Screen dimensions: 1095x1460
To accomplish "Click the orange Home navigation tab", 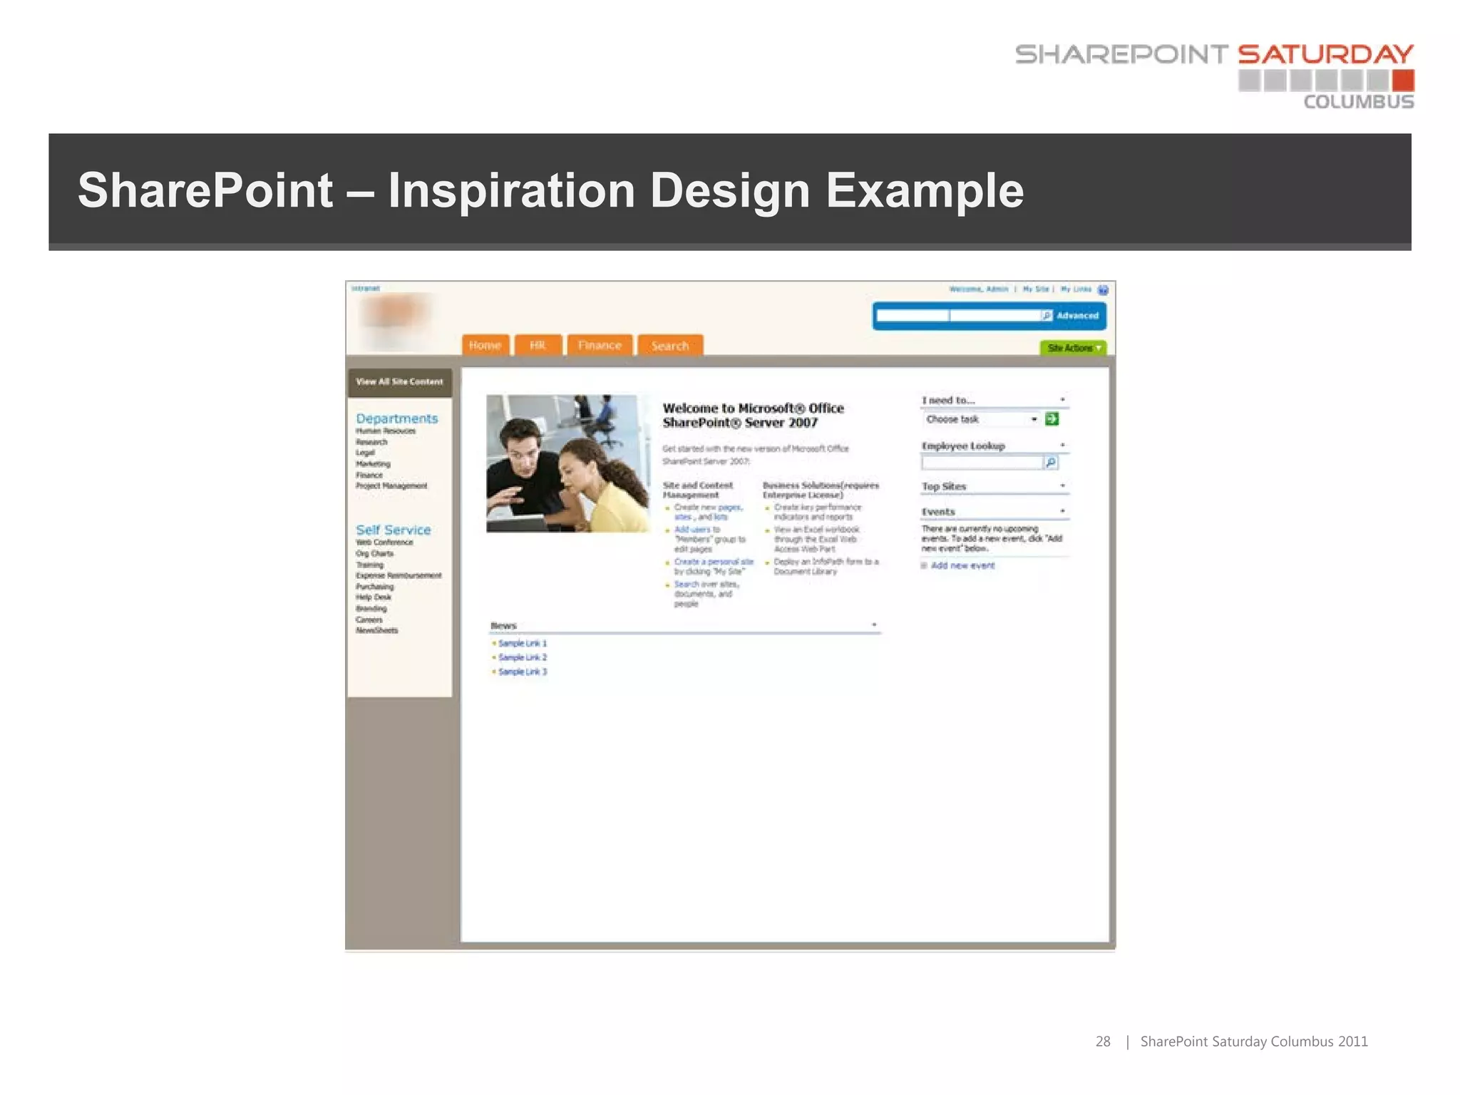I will pyautogui.click(x=485, y=345).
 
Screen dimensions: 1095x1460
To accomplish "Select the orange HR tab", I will pyautogui.click(x=538, y=345).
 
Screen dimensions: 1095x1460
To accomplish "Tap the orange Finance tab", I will pyautogui.click(x=600, y=345).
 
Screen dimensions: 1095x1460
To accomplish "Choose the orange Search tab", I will pyautogui.click(x=669, y=346).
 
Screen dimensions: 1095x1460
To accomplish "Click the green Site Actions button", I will pyautogui.click(x=1073, y=348).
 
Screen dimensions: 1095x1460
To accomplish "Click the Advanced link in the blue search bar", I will pyautogui.click(x=1077, y=315).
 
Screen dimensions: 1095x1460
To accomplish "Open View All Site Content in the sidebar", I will pyautogui.click(x=399, y=381).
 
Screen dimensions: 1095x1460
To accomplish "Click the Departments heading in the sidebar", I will pyautogui.click(x=396, y=418).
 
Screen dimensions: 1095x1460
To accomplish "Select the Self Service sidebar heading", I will pyautogui.click(x=393, y=530).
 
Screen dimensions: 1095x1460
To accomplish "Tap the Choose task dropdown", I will pyautogui.click(x=981, y=419).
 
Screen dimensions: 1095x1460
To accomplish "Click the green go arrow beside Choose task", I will pyautogui.click(x=1052, y=418).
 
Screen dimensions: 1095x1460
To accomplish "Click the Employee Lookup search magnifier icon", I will pyautogui.click(x=1050, y=463).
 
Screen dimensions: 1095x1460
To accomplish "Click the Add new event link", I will pyautogui.click(x=962, y=565).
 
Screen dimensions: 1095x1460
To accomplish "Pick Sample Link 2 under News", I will pyautogui.click(x=522, y=657).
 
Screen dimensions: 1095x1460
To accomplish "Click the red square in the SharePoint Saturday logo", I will pyautogui.click(x=1403, y=80).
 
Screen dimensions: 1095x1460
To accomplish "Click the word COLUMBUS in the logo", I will pyautogui.click(x=1358, y=102).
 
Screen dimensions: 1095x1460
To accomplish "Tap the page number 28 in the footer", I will pyautogui.click(x=1102, y=1042).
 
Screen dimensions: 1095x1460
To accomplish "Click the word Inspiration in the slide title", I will pyautogui.click(x=511, y=190).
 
